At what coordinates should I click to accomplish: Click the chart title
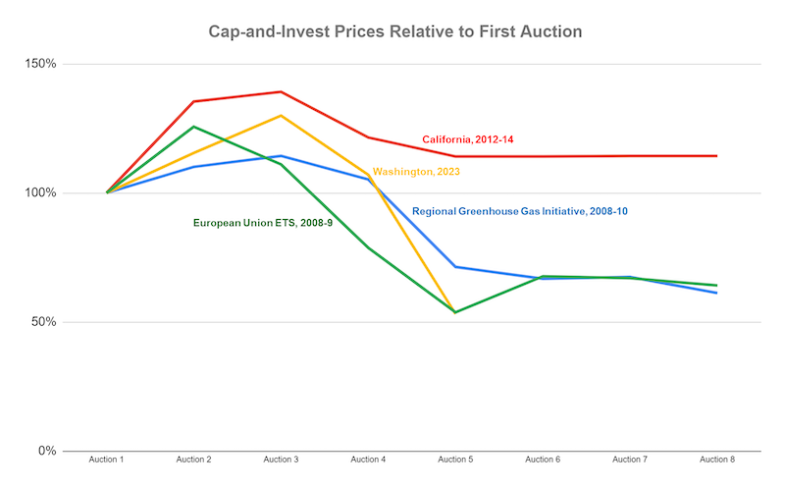pos(395,31)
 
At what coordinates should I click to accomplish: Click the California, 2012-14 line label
pos(467,139)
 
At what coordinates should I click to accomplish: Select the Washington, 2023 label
pos(416,172)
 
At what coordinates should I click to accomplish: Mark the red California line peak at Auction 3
pos(281,91)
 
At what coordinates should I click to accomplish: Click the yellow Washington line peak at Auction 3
pos(281,116)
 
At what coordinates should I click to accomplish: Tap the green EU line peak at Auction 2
pos(193,127)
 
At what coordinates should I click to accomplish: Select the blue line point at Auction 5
pos(455,267)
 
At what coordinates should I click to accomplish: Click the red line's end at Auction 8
pos(717,156)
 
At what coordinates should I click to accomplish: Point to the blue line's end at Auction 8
pos(717,293)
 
